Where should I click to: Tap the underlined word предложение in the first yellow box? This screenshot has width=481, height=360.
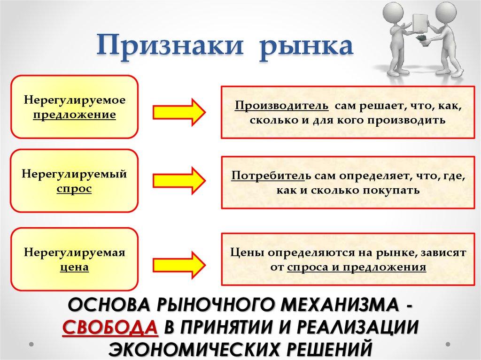click(74, 115)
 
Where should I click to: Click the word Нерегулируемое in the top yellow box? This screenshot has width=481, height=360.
click(74, 101)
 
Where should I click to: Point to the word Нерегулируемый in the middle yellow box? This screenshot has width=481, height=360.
click(74, 175)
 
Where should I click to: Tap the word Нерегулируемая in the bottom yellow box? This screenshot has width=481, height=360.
click(74, 253)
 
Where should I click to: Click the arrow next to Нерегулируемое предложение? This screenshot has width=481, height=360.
click(179, 112)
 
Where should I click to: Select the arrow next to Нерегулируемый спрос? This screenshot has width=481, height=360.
click(179, 180)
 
